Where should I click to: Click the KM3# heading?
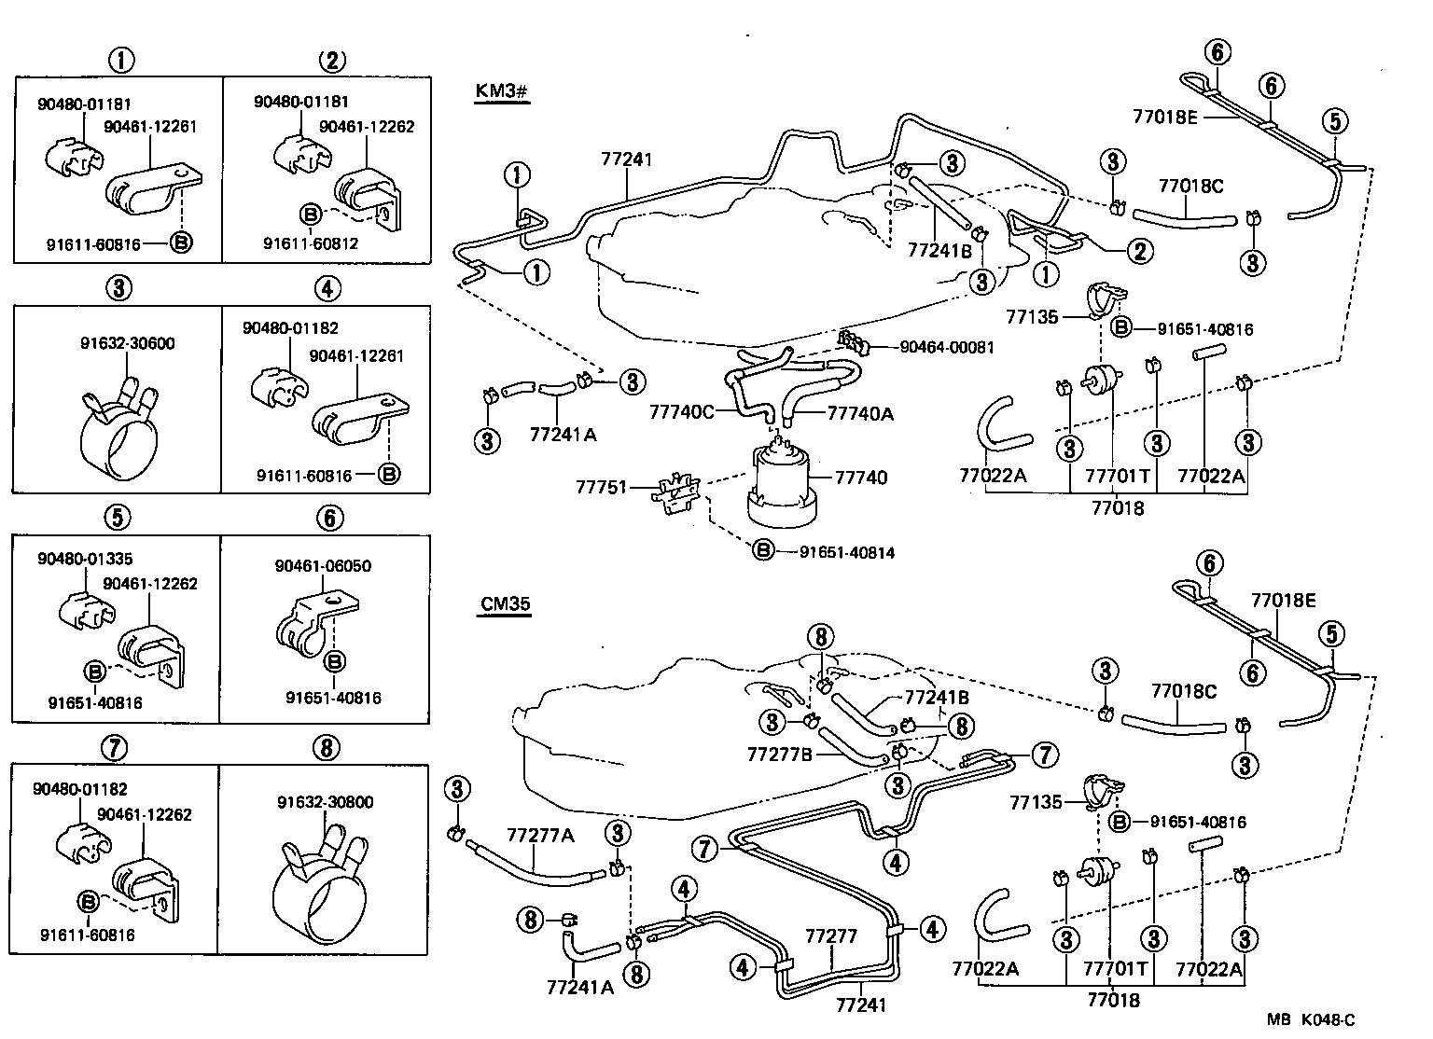pos(502,92)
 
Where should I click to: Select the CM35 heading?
pos(506,603)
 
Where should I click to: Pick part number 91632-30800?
pos(325,802)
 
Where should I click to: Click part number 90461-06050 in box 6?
pos(323,565)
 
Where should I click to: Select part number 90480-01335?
pos(85,559)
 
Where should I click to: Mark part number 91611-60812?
pos(311,243)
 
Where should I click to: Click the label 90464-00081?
pos(947,347)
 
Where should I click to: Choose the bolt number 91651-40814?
pos(847,552)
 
